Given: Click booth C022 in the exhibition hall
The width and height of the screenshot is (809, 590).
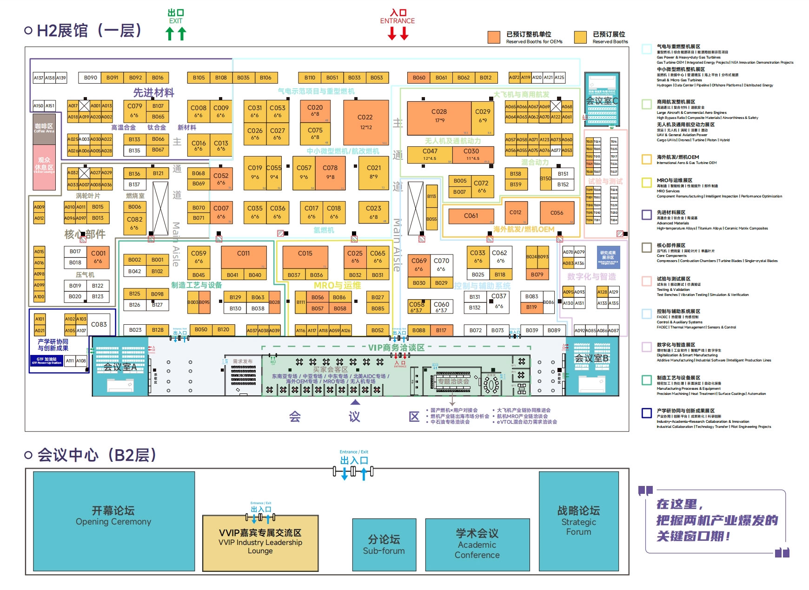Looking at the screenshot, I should [365, 122].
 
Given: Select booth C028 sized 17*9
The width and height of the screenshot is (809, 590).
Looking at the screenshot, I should [438, 116].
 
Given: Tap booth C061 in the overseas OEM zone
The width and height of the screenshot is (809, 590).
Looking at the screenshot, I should [471, 216].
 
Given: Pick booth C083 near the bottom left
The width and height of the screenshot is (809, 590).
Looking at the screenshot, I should [99, 324].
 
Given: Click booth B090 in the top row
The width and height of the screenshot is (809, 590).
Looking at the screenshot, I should [91, 78].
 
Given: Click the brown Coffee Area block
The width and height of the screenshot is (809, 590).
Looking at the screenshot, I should [44, 127].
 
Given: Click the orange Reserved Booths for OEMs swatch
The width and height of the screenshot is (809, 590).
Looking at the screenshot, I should [494, 38].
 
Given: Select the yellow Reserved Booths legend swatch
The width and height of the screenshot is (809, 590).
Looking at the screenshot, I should [580, 38].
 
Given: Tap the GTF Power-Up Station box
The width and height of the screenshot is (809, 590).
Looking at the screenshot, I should [46, 361].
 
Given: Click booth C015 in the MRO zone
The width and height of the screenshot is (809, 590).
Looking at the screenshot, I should [305, 258].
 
